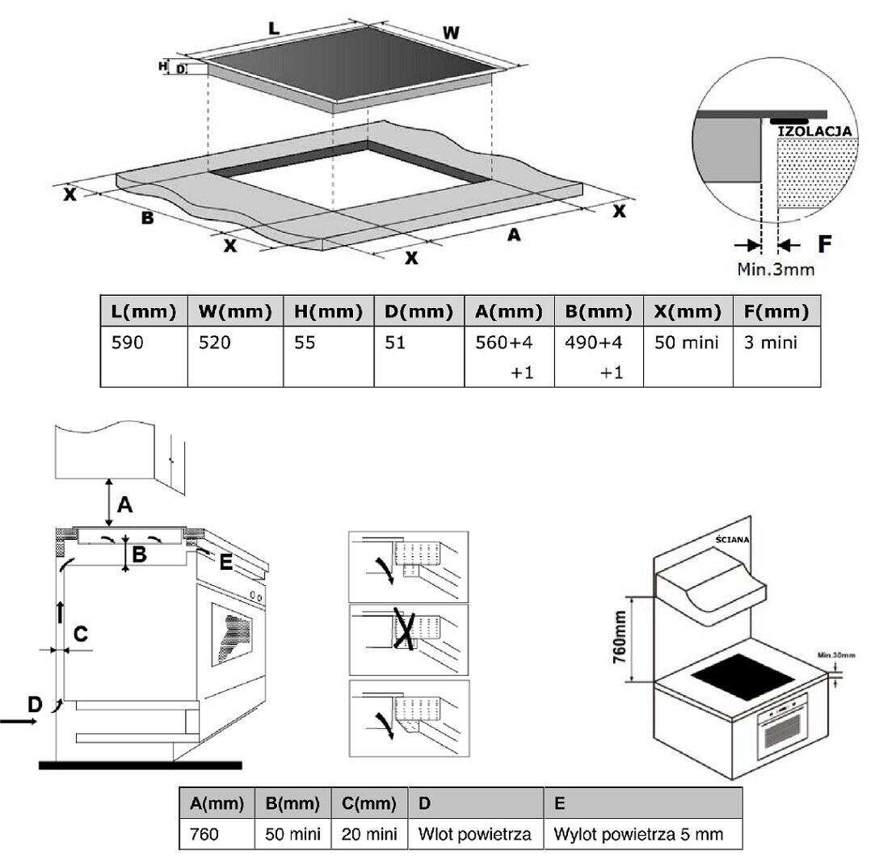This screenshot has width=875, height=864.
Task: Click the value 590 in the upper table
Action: [x=127, y=342]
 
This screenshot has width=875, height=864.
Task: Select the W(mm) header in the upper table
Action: [x=235, y=311]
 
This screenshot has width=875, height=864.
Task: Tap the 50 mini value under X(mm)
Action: [x=687, y=342]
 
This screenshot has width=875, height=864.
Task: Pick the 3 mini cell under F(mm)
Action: [x=770, y=342]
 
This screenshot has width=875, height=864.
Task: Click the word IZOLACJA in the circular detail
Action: [x=814, y=131]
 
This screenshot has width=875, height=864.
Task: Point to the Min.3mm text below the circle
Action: [x=775, y=270]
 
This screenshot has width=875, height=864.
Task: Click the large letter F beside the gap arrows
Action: [x=824, y=244]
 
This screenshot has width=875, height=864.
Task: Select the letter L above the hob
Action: [x=273, y=28]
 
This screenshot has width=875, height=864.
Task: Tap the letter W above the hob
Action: [x=451, y=33]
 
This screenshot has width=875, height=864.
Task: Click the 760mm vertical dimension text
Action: [x=620, y=637]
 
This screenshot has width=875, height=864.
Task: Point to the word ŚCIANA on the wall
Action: [x=732, y=539]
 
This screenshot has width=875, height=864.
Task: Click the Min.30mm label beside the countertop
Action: [x=836, y=655]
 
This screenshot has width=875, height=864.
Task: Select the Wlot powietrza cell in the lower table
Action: [x=474, y=834]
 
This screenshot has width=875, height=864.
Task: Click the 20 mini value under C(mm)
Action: [x=369, y=834]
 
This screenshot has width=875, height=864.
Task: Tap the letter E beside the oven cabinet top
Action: [x=225, y=562]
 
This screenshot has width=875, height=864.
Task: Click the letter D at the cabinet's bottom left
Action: [x=35, y=704]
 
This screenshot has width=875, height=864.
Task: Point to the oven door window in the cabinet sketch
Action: [x=232, y=634]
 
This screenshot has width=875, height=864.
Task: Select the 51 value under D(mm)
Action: [x=395, y=342]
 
